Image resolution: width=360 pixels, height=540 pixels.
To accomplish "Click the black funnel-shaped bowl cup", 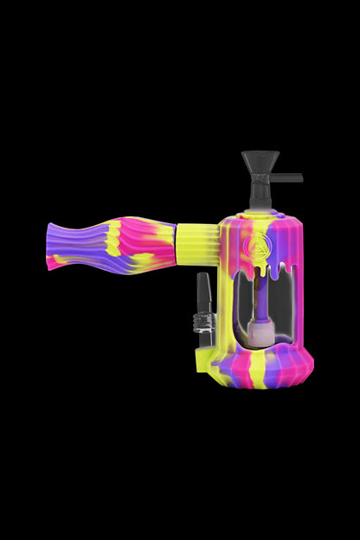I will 260,161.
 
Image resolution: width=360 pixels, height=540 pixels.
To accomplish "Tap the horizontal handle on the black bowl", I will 287,178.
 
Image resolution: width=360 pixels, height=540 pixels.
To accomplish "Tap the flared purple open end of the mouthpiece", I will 54,246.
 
